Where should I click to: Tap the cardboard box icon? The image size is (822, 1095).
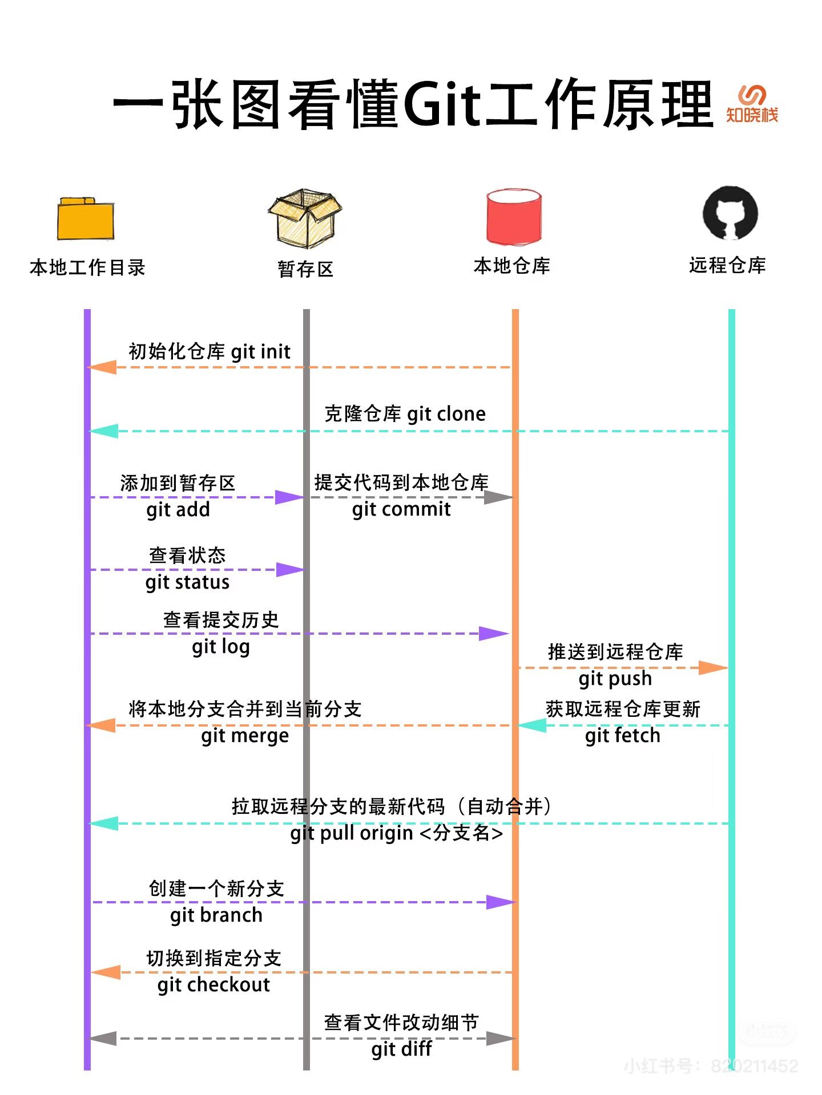(305, 218)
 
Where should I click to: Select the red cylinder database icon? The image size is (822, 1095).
(513, 217)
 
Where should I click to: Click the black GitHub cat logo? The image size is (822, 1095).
(730, 213)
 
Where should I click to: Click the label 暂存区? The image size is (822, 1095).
(305, 269)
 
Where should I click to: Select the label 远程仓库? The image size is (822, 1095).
(727, 265)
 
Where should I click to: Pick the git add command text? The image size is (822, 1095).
(178, 509)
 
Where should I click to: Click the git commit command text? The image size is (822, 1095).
(401, 509)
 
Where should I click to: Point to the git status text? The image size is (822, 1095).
(187, 582)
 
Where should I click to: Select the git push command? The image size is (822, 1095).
(615, 679)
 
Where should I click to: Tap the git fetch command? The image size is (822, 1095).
(623, 736)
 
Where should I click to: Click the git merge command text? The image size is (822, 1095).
(245, 736)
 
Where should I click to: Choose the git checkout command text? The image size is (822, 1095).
(213, 985)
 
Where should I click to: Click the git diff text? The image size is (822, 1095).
(401, 1049)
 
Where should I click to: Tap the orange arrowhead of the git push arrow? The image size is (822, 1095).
(714, 667)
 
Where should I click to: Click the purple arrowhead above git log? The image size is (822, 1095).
(493, 633)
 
